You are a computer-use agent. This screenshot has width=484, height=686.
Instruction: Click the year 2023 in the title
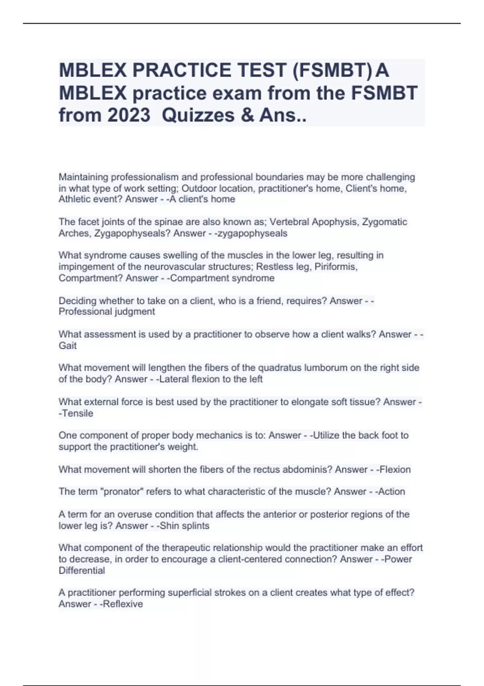tap(129, 115)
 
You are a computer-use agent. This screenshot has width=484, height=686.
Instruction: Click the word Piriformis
tap(336, 267)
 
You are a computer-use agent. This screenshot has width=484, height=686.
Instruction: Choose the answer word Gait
tap(67, 346)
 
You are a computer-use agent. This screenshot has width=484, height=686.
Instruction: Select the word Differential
tap(81, 571)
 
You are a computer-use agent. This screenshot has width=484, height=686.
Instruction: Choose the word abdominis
tap(308, 470)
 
